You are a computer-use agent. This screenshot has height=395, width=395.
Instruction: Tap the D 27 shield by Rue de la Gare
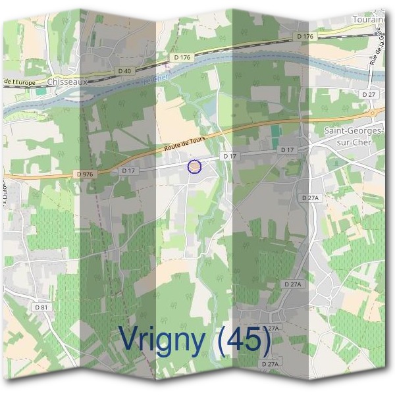[x=369, y=95]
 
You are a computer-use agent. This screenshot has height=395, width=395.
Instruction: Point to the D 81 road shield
[x=41, y=307]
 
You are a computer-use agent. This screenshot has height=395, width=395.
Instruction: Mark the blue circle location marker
[x=194, y=167]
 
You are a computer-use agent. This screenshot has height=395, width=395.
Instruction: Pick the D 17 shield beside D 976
[x=128, y=171]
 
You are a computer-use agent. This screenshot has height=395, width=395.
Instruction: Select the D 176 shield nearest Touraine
[x=305, y=36]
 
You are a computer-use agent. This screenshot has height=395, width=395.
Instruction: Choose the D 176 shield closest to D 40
[x=182, y=58]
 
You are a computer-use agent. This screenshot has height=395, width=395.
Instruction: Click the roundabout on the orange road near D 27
[x=372, y=113]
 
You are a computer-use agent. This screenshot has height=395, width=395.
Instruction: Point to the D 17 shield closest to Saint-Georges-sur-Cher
[x=287, y=150]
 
